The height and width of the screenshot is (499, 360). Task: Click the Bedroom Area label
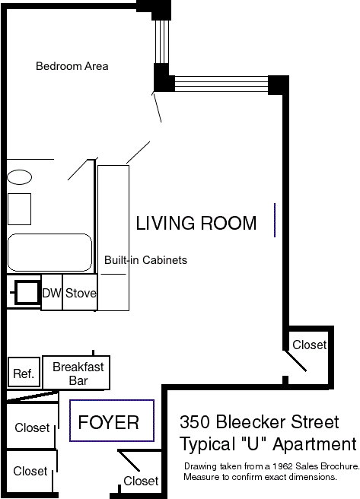(x=72, y=66)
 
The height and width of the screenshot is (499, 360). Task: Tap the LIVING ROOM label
(x=196, y=223)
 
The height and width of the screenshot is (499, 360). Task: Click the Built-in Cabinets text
(x=146, y=260)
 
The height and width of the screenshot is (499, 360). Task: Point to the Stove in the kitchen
(x=80, y=293)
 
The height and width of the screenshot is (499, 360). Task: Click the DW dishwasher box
(x=52, y=293)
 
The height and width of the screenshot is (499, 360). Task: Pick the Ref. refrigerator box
(x=24, y=373)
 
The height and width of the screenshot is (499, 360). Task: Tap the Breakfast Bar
(x=76, y=373)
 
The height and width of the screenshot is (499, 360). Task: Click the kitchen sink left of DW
(x=27, y=292)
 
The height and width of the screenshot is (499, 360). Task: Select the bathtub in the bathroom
(x=49, y=253)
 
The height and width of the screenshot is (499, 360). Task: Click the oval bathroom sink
(x=20, y=177)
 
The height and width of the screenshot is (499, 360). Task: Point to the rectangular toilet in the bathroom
(x=20, y=209)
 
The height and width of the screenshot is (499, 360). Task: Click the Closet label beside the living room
(x=310, y=345)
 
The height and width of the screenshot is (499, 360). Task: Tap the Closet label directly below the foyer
(x=141, y=481)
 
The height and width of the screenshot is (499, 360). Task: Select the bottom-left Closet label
(x=30, y=471)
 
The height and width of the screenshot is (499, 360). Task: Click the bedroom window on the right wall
(x=161, y=42)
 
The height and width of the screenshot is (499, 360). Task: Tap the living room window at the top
(x=221, y=84)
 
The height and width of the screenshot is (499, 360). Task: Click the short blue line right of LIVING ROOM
(x=275, y=220)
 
